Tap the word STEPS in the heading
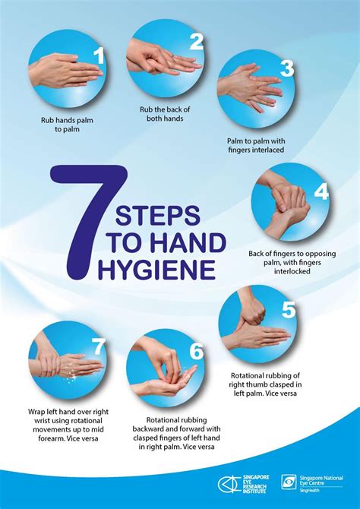157,216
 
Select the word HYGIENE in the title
156,270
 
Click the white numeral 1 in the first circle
99,55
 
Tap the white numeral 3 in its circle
287,68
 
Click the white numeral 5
289,309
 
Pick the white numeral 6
197,351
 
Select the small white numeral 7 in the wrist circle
99,347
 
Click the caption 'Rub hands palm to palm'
67,125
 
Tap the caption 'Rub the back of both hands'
165,114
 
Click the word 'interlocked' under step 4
292,270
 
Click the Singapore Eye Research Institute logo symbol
229,485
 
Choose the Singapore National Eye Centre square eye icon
289,482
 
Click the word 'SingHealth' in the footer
308,490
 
